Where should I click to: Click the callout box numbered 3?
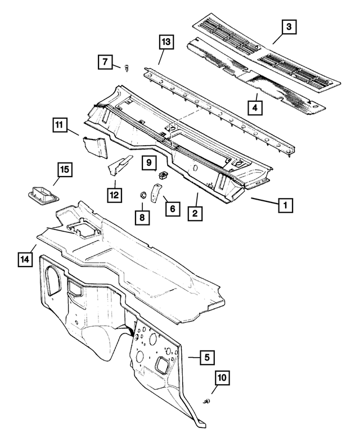(289, 27)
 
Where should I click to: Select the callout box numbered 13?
(166, 42)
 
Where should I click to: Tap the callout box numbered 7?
(105, 62)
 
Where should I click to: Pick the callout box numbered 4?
(255, 107)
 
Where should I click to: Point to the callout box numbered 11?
(59, 125)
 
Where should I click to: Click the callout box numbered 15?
(65, 169)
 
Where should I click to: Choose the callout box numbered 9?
(149, 163)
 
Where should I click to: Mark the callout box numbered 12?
(115, 195)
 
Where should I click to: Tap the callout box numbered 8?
(142, 218)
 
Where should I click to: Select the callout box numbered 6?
(173, 209)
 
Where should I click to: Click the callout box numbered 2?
(195, 213)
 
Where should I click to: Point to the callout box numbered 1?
(285, 205)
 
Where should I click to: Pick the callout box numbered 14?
(25, 259)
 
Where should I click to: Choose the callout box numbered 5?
(207, 357)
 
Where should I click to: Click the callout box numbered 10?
(222, 378)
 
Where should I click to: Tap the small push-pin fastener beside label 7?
(127, 68)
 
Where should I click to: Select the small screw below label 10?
(206, 402)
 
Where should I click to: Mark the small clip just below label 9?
(162, 175)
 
